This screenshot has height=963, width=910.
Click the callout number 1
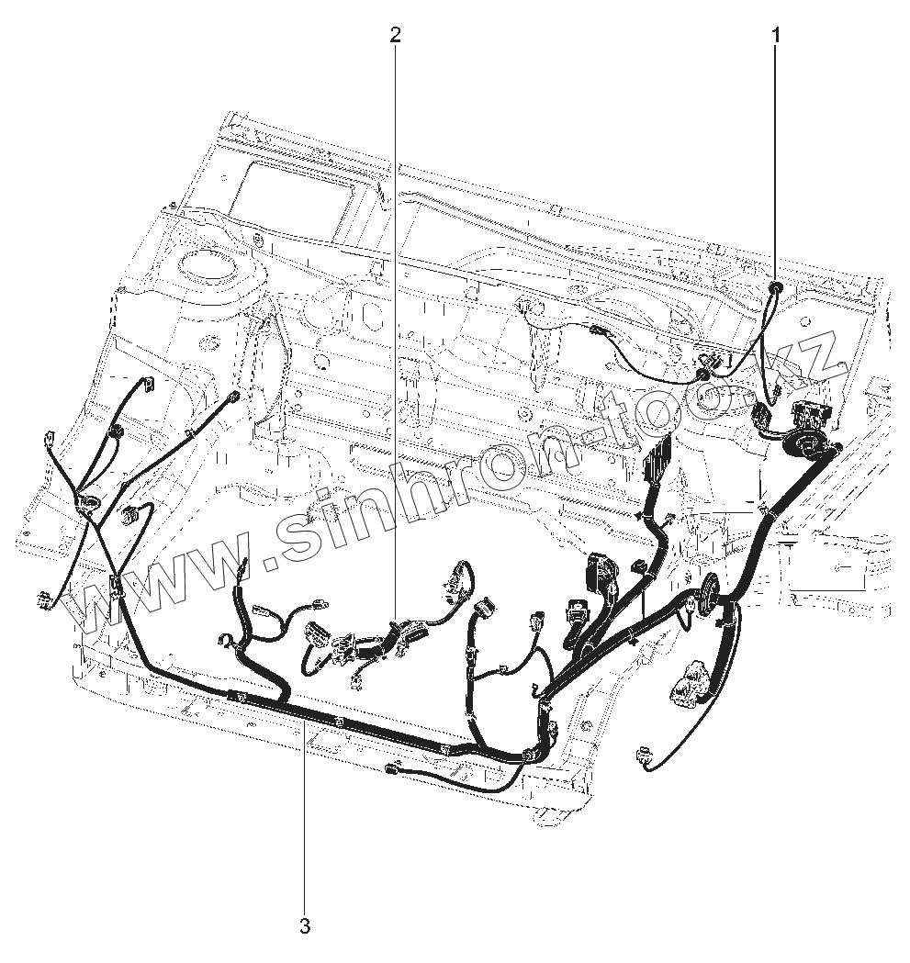point(777,36)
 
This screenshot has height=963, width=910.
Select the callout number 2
point(395,36)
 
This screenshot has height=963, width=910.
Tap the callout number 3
point(305,925)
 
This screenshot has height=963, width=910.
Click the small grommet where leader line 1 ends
point(777,288)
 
